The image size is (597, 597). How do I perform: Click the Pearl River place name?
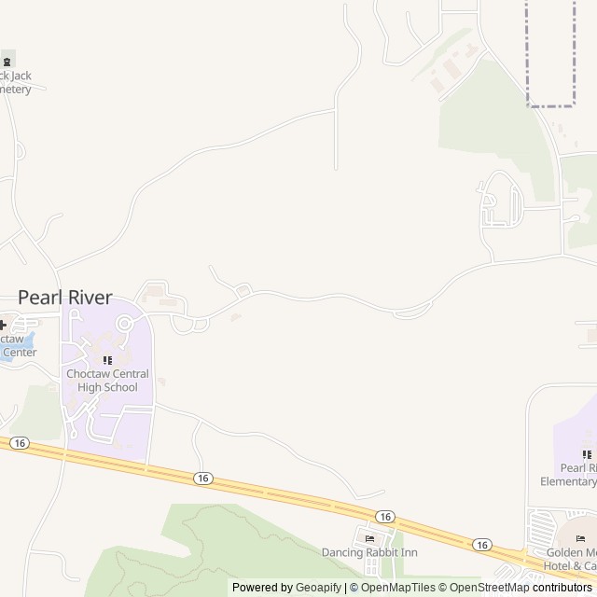point(65,298)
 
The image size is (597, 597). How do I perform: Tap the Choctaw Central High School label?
point(107,381)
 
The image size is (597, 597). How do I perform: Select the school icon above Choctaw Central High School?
point(107,360)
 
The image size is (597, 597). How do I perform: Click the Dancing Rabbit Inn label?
point(369,553)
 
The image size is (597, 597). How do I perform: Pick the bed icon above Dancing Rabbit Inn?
point(370,538)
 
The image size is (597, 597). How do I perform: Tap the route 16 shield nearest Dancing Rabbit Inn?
point(384,516)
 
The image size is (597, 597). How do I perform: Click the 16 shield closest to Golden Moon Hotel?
point(481,545)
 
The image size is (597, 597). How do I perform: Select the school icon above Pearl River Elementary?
point(587,454)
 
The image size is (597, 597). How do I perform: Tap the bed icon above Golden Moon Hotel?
point(581,538)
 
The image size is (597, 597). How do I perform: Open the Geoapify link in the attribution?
point(319,588)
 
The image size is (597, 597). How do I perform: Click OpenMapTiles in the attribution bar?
point(397,588)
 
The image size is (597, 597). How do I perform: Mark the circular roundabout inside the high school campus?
point(123,324)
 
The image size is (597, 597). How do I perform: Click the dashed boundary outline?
point(528,56)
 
